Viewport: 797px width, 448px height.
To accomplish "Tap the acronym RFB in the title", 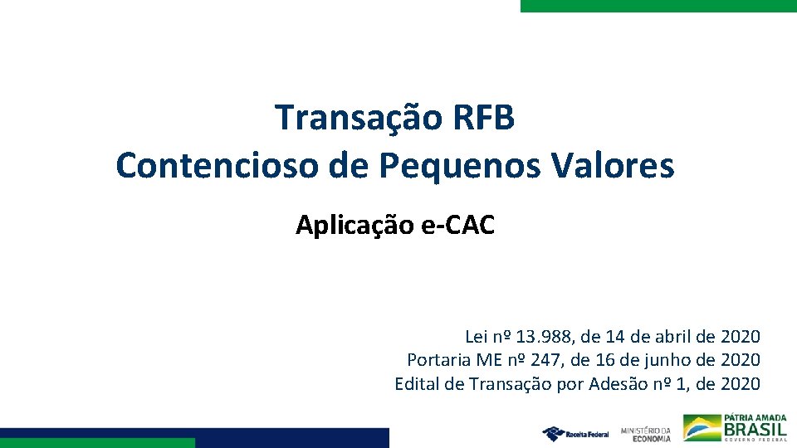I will tap(485, 118).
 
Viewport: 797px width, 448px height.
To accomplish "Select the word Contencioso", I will tap(218, 166).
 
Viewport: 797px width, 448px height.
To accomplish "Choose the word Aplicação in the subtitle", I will tap(353, 225).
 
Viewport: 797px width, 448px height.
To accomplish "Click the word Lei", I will tap(477, 337).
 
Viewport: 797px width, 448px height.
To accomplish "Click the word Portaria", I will tap(438, 360).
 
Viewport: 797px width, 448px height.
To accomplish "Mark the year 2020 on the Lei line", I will tap(741, 337).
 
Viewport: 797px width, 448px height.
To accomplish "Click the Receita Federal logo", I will tap(575, 433).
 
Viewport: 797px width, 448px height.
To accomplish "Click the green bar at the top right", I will tap(658, 5).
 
